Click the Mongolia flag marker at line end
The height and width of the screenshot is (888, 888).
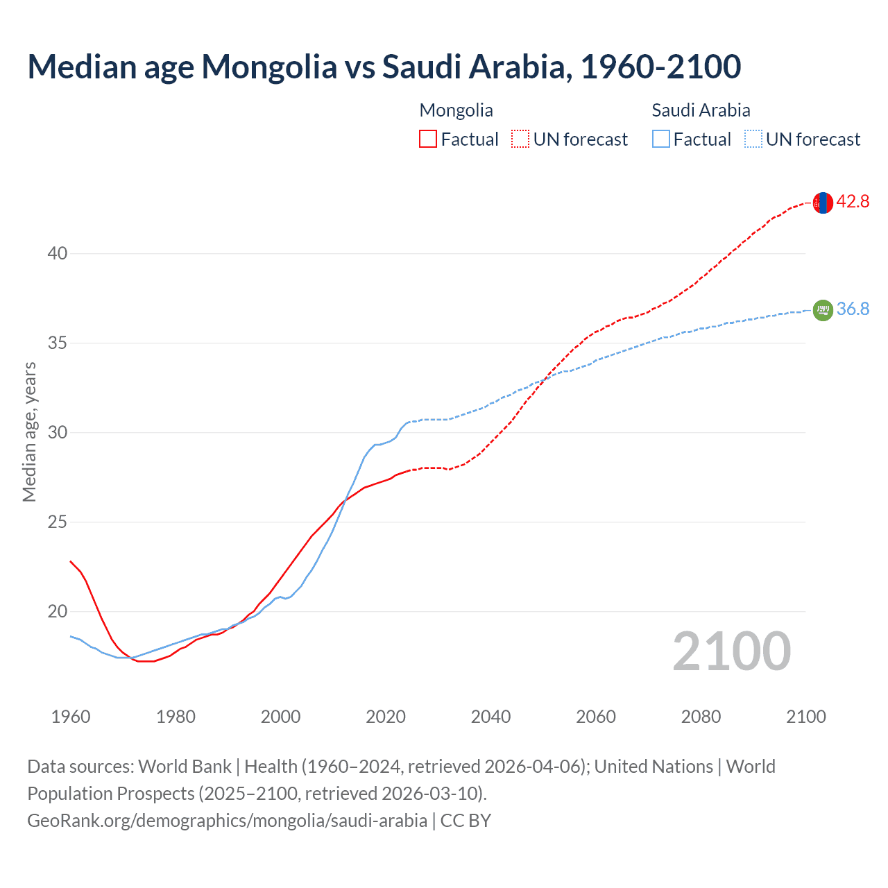(x=822, y=203)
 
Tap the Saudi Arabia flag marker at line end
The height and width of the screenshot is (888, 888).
(x=822, y=310)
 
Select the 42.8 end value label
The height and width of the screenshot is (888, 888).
(x=853, y=202)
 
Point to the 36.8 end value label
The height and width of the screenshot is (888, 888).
(x=853, y=309)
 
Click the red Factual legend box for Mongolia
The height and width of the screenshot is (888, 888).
(x=428, y=139)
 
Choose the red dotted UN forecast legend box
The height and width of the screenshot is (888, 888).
(x=520, y=139)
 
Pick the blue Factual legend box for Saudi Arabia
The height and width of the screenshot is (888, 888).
(x=661, y=139)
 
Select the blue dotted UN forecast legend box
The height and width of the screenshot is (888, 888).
(x=753, y=139)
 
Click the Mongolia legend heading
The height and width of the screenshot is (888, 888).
(x=456, y=110)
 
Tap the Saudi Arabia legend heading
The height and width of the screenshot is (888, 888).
(x=701, y=110)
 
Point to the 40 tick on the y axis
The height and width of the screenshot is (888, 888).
(x=58, y=254)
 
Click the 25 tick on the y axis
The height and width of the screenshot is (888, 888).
(x=58, y=522)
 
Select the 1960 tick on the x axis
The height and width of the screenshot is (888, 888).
(x=71, y=717)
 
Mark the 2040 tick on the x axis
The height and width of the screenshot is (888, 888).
(x=490, y=717)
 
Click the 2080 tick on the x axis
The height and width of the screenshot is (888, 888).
(x=701, y=717)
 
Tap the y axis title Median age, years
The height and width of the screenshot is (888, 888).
(x=29, y=432)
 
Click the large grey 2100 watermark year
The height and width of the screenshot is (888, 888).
(x=731, y=651)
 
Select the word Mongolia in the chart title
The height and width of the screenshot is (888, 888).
(x=269, y=67)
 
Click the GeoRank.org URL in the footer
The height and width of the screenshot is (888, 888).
(x=227, y=821)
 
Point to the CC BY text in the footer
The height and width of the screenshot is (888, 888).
(x=466, y=821)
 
